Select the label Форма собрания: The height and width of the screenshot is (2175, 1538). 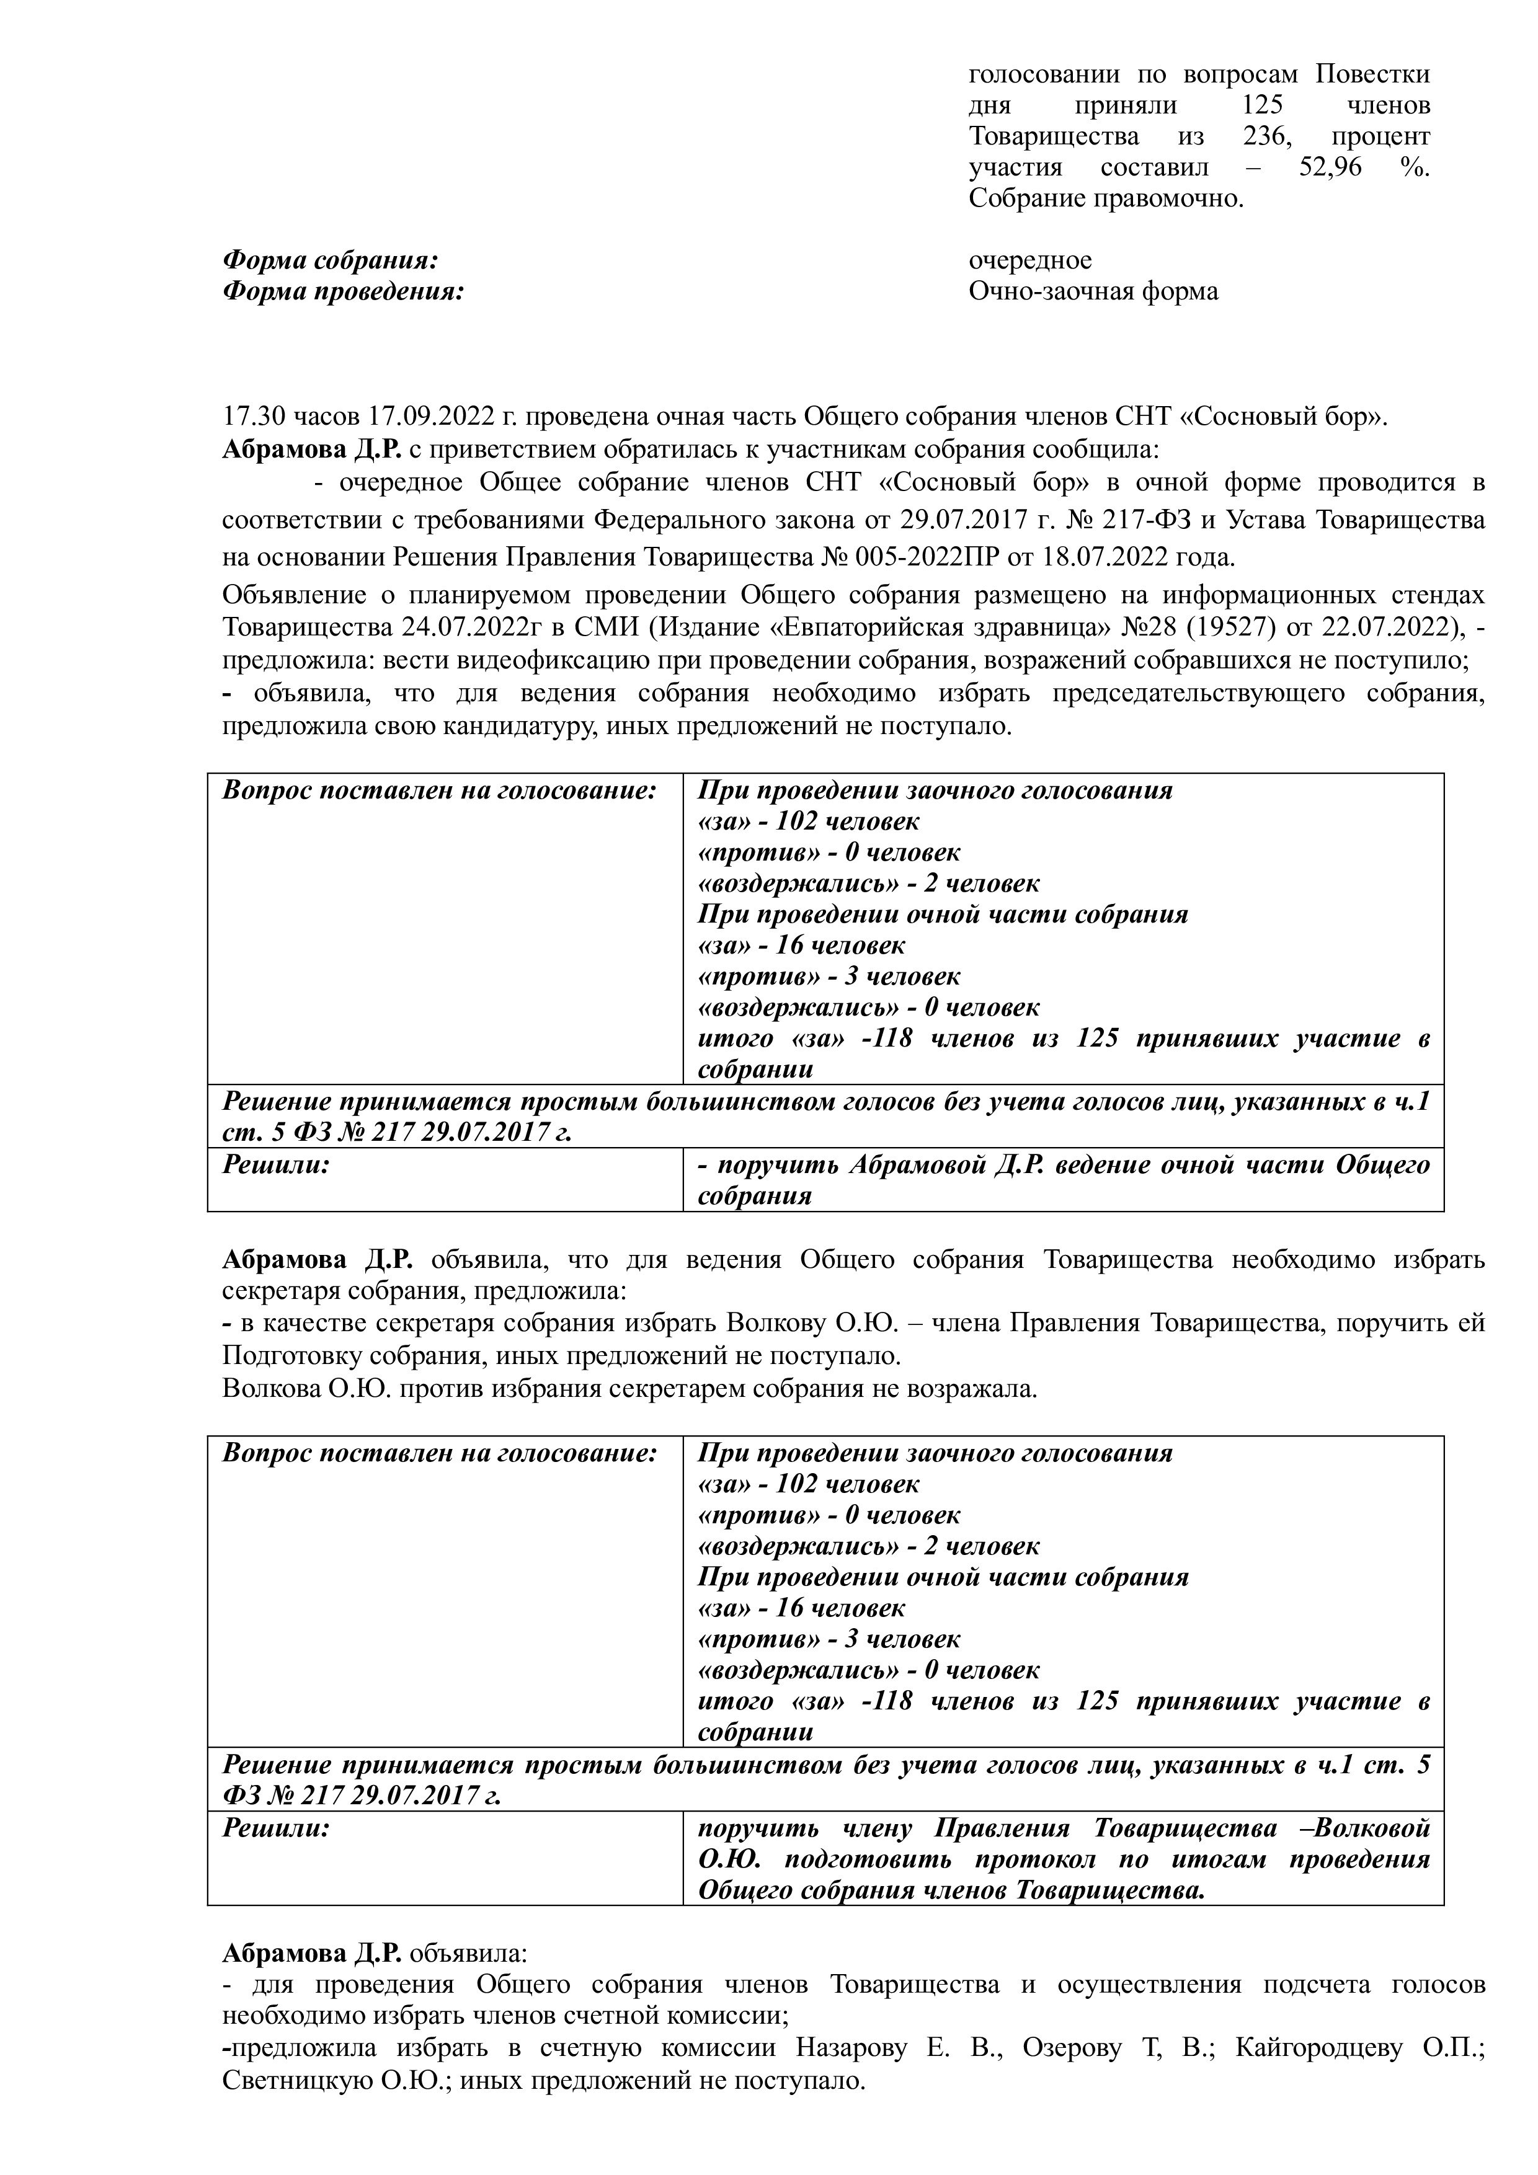[331, 260]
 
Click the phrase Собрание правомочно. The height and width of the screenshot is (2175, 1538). [1105, 199]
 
